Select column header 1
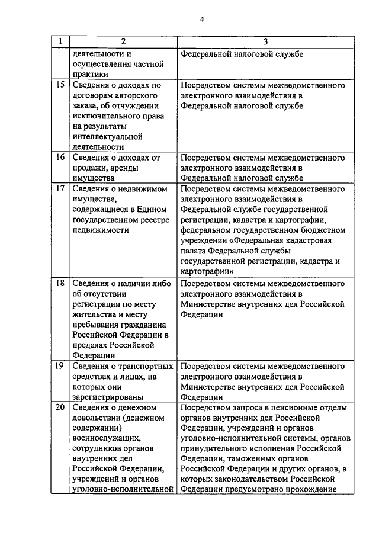[x=59, y=42]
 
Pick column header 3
[x=265, y=42]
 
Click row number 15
[x=59, y=85]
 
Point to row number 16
[x=59, y=158]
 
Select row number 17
[x=59, y=189]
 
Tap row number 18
[x=59, y=283]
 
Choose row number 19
[x=59, y=367]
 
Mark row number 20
[x=59, y=408]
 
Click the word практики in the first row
[x=90, y=75]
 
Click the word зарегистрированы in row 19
[x=108, y=398]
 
